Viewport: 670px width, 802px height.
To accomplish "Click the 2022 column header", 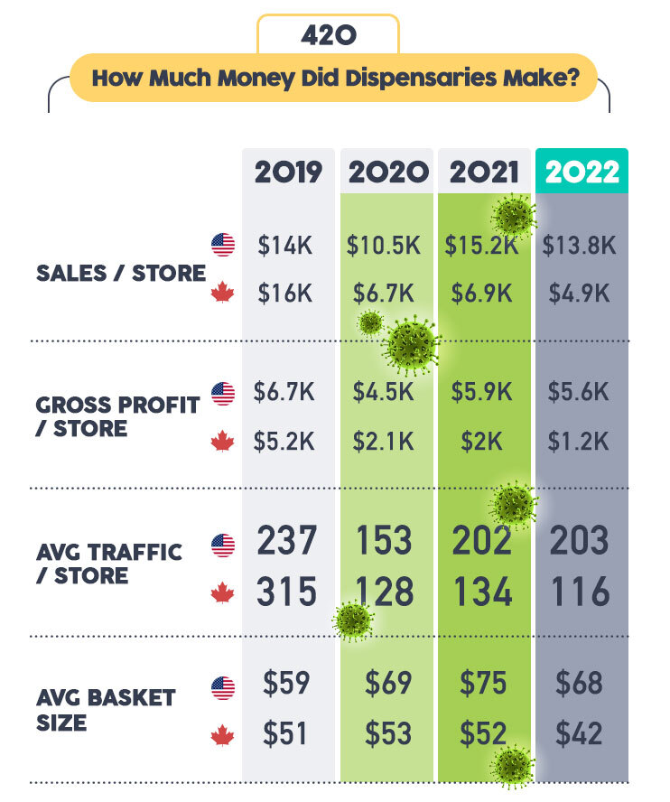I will click(x=582, y=172).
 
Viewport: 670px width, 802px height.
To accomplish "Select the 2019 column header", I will click(x=288, y=172).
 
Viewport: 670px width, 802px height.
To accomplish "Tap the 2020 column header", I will click(x=388, y=172).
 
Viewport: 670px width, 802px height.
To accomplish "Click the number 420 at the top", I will click(x=328, y=35).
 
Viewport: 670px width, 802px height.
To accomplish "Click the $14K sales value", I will click(x=284, y=245).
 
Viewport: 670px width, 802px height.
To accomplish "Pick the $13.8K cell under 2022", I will click(x=579, y=245).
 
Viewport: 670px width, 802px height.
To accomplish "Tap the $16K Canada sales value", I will click(x=284, y=293).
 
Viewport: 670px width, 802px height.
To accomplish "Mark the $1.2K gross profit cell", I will click(x=579, y=441).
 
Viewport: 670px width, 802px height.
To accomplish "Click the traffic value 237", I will click(x=287, y=541).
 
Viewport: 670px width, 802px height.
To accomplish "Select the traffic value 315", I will click(x=287, y=592).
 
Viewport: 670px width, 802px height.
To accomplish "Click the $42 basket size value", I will click(x=579, y=732).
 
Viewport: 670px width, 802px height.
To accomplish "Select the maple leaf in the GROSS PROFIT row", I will click(x=222, y=442).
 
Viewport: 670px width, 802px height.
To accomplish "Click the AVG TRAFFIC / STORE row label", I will click(x=109, y=564).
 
